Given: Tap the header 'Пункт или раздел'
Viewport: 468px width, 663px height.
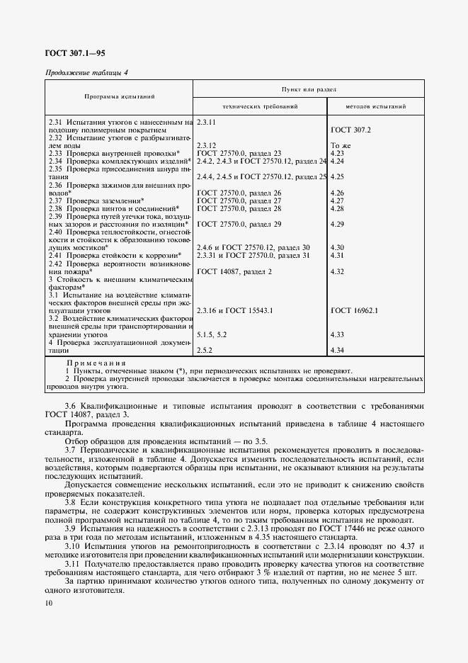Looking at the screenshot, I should [308, 89].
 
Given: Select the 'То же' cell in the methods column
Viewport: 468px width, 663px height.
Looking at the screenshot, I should [341, 145].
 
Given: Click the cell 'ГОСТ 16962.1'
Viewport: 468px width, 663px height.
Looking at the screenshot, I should [354, 310].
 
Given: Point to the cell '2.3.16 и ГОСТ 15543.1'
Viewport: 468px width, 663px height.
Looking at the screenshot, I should [234, 310].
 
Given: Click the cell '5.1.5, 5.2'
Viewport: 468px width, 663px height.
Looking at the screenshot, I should [212, 334].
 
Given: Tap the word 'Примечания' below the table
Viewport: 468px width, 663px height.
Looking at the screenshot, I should [96, 362].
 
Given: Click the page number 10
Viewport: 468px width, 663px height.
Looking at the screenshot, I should [47, 603].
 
